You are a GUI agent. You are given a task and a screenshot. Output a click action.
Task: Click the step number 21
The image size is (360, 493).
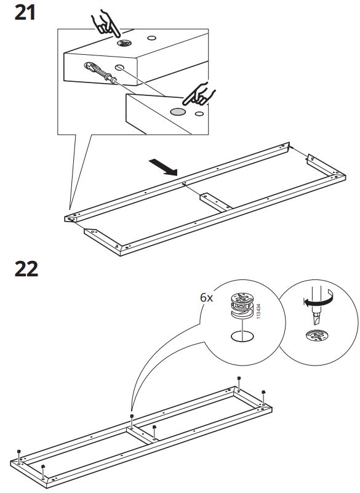pos(25,13)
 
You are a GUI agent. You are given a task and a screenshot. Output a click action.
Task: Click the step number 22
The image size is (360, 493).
pos(26,269)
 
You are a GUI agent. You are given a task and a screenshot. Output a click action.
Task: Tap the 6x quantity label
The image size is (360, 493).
pos(206,297)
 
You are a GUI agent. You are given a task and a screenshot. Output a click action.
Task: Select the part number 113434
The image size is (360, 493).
pos(258,311)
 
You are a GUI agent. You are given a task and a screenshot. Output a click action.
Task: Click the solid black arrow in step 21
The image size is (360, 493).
pos(163,167)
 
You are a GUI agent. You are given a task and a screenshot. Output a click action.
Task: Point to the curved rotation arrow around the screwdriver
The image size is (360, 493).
pos(318,299)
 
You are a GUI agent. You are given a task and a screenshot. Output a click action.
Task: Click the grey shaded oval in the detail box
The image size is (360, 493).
pos(178,111)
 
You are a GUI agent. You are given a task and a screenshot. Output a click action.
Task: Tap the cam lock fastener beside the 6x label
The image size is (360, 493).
pos(242,305)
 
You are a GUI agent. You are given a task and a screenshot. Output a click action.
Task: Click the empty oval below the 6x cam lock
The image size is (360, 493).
pos(242,336)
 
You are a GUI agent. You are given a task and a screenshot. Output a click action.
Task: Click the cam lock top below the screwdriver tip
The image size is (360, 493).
pos(318,335)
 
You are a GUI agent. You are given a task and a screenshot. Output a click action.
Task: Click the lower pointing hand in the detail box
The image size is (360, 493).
pos(199,94)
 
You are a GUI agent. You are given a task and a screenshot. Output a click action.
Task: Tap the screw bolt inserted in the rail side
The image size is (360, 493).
pos(100,72)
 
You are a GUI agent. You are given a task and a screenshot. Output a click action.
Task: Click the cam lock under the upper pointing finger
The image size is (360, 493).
pos(124,42)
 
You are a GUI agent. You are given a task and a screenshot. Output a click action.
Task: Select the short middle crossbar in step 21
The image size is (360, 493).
pos(216,202)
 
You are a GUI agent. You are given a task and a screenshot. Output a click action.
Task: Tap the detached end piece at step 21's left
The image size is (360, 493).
pos(103,238)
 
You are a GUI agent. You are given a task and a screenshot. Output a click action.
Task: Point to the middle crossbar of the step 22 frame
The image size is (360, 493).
pos(143,435)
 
